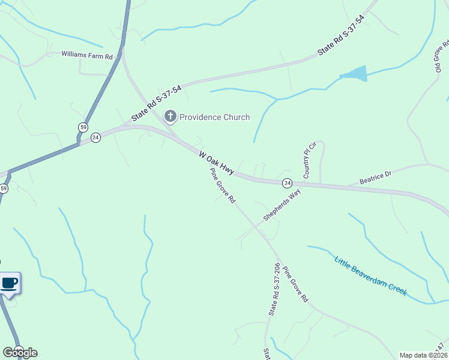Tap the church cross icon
(170, 116)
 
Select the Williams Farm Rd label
(87, 55)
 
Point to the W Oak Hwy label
(215, 163)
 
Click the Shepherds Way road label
(281, 206)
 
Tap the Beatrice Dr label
(375, 176)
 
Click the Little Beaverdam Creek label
(370, 276)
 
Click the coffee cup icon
(9, 283)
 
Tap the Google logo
(20, 352)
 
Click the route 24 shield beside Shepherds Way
(288, 182)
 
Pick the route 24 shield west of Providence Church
(95, 138)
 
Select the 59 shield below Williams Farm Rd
(82, 127)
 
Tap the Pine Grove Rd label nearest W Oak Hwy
(222, 185)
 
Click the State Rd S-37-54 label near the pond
(340, 37)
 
